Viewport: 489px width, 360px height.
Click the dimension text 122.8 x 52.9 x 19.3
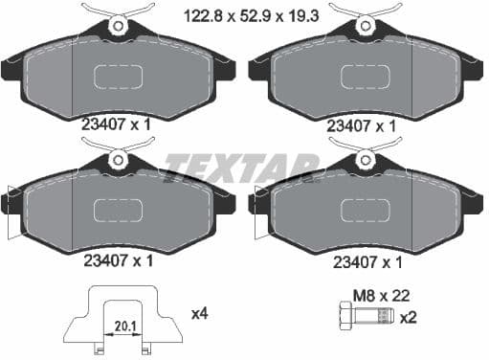[244, 14]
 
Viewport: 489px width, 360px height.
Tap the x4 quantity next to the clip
[201, 312]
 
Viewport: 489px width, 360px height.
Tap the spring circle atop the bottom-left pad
[118, 160]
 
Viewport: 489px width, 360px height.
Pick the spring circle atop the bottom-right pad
[366, 160]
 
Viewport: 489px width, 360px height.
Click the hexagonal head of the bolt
[345, 317]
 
